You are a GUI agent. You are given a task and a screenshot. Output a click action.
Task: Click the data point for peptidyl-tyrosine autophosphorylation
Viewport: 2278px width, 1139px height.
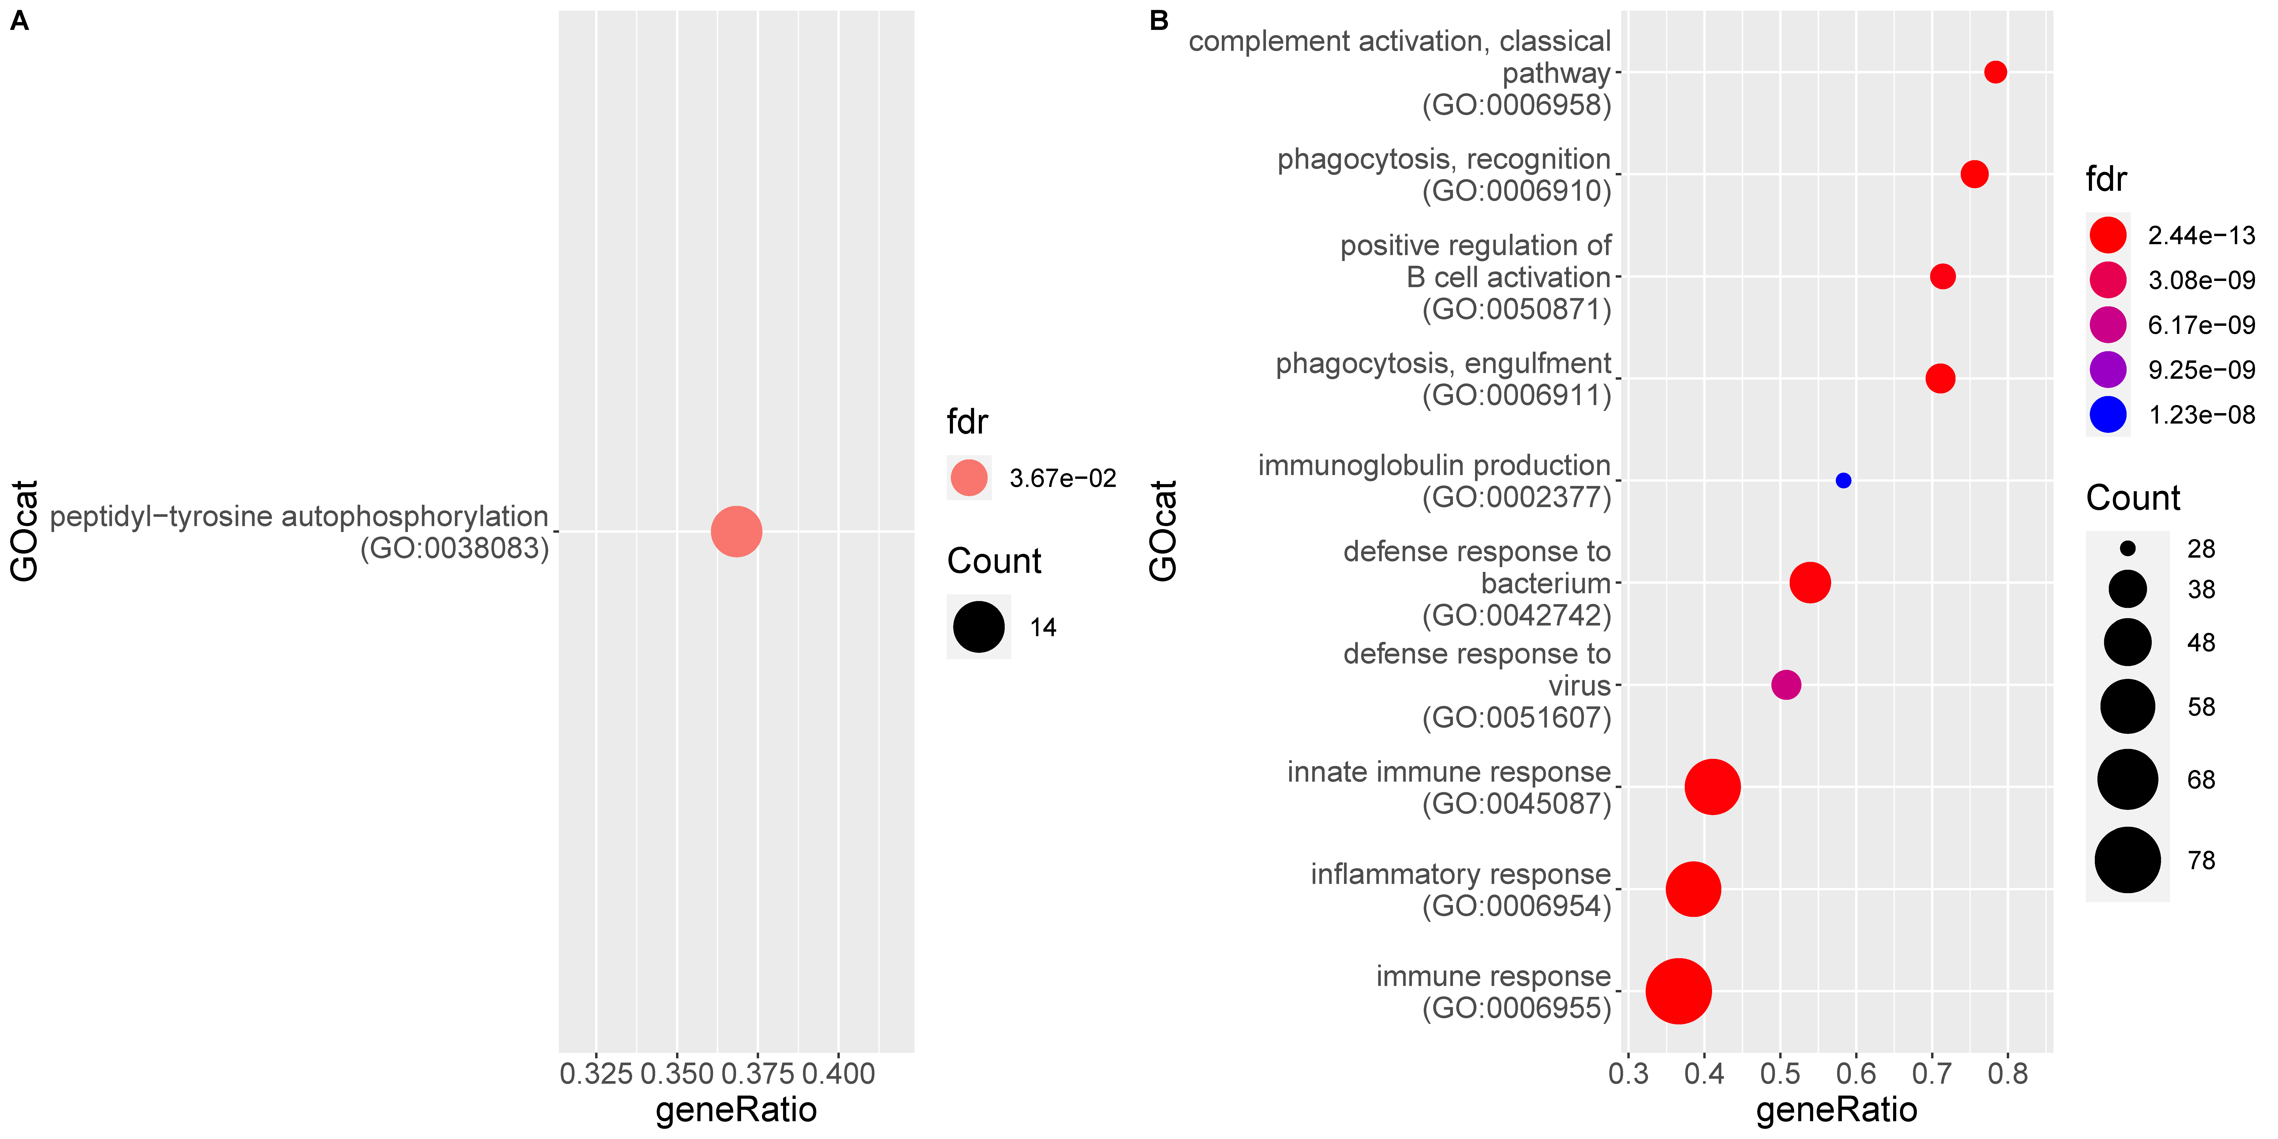click(736, 532)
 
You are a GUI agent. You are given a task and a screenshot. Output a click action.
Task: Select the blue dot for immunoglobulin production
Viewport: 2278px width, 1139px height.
click(1843, 480)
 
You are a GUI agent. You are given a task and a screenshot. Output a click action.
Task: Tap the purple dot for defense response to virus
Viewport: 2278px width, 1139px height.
click(1785, 684)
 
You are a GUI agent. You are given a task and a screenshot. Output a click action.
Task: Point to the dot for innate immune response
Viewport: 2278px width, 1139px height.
click(1712, 786)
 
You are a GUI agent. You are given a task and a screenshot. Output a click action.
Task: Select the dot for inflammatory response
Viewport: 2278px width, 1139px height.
click(1693, 889)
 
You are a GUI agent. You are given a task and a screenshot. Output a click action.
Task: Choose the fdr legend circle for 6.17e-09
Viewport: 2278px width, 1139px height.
click(2108, 325)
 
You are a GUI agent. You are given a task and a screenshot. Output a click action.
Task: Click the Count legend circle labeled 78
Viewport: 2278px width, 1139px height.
click(2127, 859)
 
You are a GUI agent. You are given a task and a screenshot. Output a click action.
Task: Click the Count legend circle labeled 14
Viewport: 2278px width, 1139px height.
click(978, 627)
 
